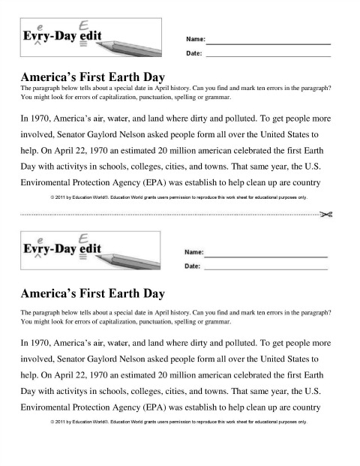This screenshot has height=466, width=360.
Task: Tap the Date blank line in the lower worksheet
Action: tap(265, 268)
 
